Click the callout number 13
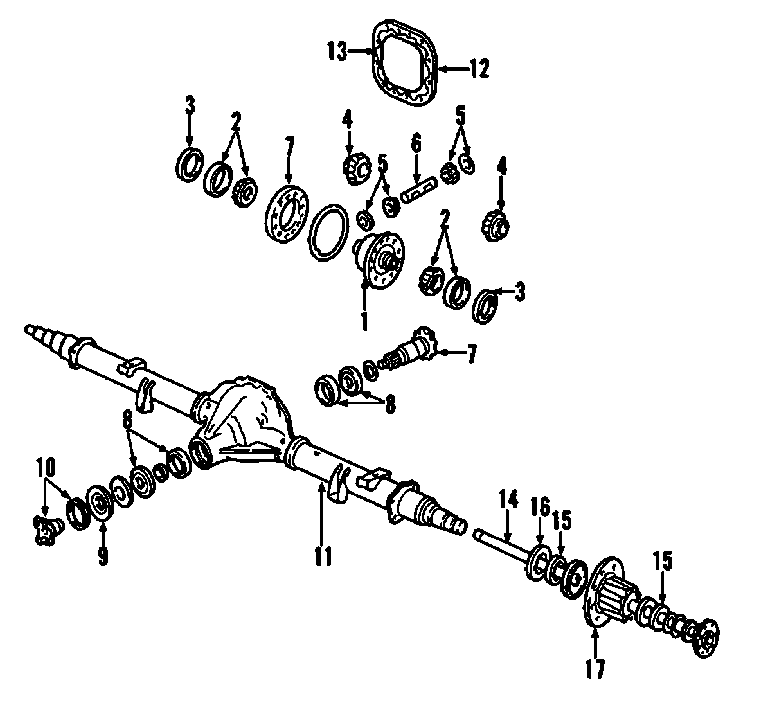click(x=336, y=50)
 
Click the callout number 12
click(x=479, y=68)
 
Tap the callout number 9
click(x=103, y=554)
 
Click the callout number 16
click(x=539, y=507)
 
